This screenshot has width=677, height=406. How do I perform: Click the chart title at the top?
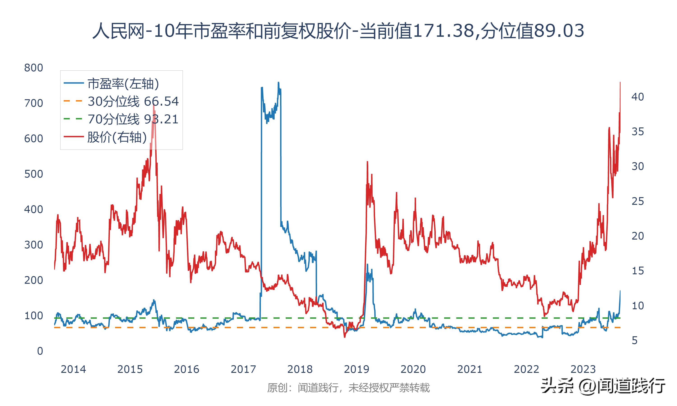pos(338,31)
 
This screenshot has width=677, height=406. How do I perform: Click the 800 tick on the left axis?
pos(33,68)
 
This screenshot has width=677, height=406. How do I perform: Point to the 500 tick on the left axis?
pos(33,174)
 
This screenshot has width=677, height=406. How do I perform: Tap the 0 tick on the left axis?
pos(40,351)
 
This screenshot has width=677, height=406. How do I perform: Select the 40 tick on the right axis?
pos(637,97)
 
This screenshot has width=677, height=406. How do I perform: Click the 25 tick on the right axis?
pos(637,201)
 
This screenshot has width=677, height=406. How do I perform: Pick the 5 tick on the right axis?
pos(635,341)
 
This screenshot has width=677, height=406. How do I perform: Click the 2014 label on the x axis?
pos(73,369)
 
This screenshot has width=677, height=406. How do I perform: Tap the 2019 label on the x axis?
pos(356,369)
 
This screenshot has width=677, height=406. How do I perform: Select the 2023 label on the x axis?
pos(583,369)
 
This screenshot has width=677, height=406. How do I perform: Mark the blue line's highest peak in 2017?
pos(278,82)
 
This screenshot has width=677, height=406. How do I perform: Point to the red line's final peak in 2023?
pos(620,82)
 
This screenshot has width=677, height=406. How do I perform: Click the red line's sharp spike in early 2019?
pos(367,162)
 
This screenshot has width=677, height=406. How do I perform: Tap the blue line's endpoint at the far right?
pos(620,291)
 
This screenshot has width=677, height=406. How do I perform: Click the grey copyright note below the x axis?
pos(348,388)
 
